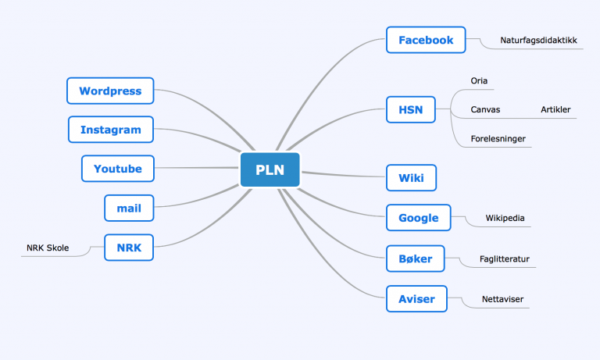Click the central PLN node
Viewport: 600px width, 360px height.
(x=270, y=169)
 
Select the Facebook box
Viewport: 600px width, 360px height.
(x=426, y=40)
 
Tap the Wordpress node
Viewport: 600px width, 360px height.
(x=110, y=91)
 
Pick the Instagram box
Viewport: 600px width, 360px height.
(x=111, y=130)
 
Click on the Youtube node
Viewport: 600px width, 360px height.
(x=117, y=169)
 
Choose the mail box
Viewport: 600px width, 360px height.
(x=129, y=209)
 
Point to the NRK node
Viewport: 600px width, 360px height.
(x=129, y=248)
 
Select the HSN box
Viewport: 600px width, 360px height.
(x=411, y=110)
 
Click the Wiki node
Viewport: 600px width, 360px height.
(x=411, y=178)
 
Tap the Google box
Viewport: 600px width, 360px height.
(x=418, y=218)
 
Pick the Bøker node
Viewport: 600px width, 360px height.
(x=415, y=258)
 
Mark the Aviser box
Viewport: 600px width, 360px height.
(x=416, y=299)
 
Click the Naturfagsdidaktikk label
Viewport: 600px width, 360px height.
(x=538, y=40)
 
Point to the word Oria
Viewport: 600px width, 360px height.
(x=479, y=80)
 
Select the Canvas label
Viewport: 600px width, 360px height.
(x=485, y=110)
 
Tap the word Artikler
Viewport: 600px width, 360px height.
(x=555, y=110)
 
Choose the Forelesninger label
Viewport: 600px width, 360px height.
(x=498, y=138)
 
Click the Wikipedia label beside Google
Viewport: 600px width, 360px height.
(x=505, y=218)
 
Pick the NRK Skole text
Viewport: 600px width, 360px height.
(x=48, y=248)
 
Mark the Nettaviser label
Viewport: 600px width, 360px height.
(x=502, y=299)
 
